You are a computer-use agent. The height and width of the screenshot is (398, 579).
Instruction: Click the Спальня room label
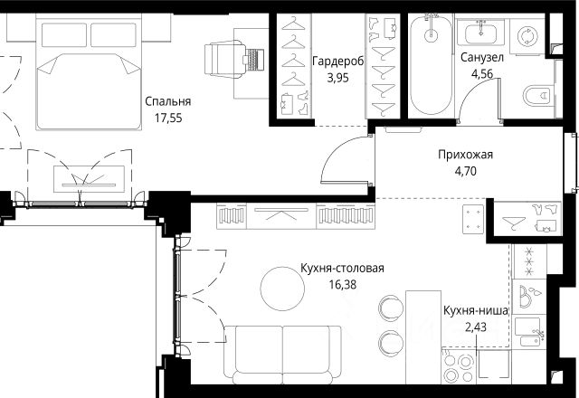[x=168, y=101]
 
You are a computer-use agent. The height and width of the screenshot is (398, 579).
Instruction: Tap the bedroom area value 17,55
[x=168, y=118]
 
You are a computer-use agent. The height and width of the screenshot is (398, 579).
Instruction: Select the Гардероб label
[x=337, y=62]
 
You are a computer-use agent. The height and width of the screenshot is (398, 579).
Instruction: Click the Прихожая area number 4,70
[x=466, y=171]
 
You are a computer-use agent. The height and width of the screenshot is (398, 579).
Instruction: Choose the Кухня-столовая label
[x=342, y=268]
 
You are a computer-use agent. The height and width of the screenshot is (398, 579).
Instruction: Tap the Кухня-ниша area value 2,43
[x=476, y=327]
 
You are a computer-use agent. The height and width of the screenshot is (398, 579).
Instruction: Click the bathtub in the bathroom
[x=431, y=64]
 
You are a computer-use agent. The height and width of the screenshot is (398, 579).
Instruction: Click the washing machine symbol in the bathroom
[x=526, y=36]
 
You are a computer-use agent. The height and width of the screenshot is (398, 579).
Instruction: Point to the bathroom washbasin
[x=480, y=33]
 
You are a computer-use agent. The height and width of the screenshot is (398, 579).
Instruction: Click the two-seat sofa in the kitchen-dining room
[x=282, y=355]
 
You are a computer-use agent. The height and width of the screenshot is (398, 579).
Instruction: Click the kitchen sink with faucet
[x=528, y=332]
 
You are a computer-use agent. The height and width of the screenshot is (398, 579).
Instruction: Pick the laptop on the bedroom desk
[x=253, y=59]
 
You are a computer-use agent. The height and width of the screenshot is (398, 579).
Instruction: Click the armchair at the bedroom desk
[x=225, y=60]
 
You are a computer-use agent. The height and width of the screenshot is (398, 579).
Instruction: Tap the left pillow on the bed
[x=64, y=35]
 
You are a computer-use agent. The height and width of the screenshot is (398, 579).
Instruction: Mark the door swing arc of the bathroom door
[x=477, y=97]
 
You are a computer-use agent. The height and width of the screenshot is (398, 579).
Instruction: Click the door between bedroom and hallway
[x=346, y=159]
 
